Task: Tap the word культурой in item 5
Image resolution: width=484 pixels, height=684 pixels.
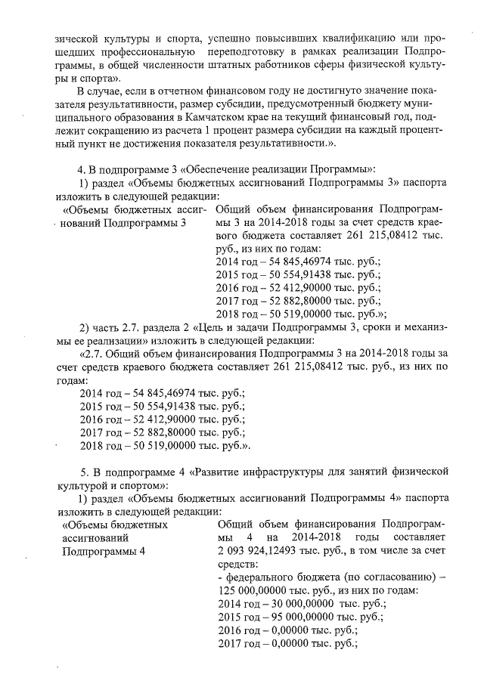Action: point(83,485)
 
